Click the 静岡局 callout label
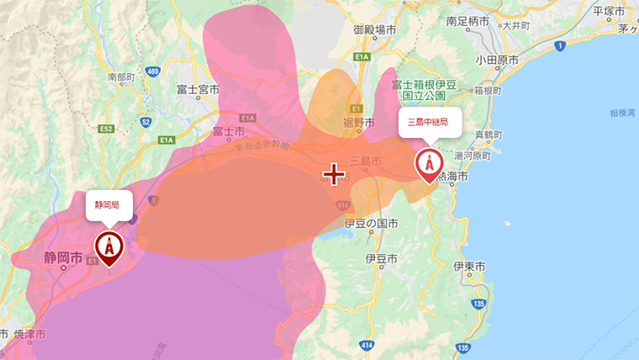pyautogui.click(x=107, y=204)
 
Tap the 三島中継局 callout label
pyautogui.click(x=428, y=122)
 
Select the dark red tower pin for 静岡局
pyautogui.click(x=108, y=246)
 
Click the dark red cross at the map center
pyautogui.click(x=334, y=174)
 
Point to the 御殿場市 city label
pyautogui.click(x=374, y=29)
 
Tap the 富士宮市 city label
pyautogui.click(x=198, y=89)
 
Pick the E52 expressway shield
pyautogui.click(x=106, y=130)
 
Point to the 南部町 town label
pyautogui.click(x=121, y=77)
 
